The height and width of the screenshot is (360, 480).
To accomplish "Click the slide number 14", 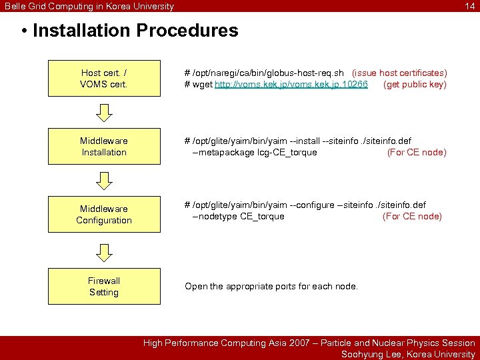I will click(x=470, y=6).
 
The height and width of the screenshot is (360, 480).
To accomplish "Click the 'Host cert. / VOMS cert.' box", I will click(x=104, y=79).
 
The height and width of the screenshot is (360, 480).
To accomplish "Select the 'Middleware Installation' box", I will click(x=104, y=147).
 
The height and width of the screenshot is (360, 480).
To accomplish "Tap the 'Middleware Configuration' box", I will click(x=104, y=215).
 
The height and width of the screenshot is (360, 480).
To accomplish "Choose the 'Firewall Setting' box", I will click(x=104, y=287).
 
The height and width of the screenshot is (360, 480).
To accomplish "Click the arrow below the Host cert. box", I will click(x=104, y=113).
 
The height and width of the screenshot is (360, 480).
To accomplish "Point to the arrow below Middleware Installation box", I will click(x=104, y=181).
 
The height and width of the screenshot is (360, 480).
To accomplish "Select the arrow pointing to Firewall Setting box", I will click(x=104, y=251).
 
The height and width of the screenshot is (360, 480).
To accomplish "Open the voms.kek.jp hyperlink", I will click(x=291, y=85).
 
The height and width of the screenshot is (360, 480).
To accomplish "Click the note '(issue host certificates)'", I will click(x=399, y=73).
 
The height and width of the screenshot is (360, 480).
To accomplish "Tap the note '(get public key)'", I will click(x=415, y=85).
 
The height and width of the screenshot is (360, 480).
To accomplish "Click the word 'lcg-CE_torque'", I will click(x=287, y=152).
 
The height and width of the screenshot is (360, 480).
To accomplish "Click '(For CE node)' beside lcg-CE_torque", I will click(x=417, y=152).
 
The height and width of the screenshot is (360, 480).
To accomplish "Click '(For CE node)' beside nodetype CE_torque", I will click(x=412, y=216).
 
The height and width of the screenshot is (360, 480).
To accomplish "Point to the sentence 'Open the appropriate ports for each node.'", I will click(x=271, y=286).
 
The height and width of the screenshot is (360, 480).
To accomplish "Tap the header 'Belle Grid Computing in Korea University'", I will click(x=89, y=6).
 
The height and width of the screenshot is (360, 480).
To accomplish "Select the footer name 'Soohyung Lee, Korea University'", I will click(x=408, y=354).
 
